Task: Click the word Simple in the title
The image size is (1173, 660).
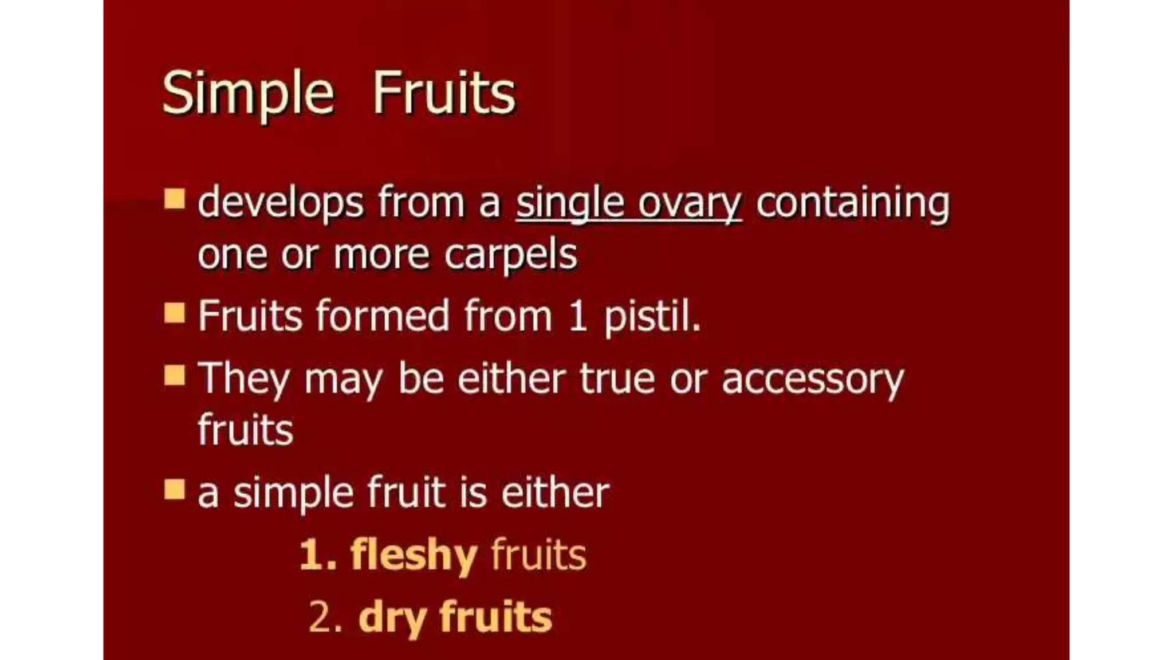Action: click(247, 93)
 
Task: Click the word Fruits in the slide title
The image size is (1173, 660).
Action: click(444, 93)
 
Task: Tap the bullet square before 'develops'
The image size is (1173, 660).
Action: click(174, 199)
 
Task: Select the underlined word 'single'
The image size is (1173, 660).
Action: click(569, 204)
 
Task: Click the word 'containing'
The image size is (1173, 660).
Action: click(852, 203)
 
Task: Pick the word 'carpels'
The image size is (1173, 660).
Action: click(510, 256)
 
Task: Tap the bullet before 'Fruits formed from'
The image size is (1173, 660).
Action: click(174, 313)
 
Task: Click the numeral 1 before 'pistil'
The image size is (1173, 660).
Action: click(577, 316)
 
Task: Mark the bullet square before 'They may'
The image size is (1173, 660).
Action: click(174, 376)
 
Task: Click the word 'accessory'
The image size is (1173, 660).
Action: click(812, 380)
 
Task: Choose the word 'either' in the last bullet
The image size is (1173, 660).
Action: click(555, 492)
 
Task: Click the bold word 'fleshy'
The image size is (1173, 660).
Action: click(414, 555)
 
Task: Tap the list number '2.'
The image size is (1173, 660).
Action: click(325, 618)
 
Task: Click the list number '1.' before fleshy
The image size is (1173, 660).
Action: click(318, 555)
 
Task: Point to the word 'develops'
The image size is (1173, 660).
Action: click(281, 204)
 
